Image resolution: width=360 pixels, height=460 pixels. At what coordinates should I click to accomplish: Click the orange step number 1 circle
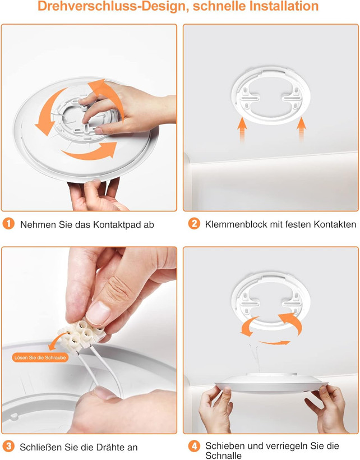[8, 223]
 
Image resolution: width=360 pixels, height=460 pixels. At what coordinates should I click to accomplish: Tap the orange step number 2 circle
[194, 223]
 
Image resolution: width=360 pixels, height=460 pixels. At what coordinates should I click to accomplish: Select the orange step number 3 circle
[8, 446]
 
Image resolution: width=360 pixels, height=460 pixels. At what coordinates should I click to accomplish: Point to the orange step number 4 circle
[194, 446]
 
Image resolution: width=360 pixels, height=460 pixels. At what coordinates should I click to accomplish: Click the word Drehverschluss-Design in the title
[113, 6]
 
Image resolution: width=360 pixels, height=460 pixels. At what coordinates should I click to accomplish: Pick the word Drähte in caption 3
[103, 447]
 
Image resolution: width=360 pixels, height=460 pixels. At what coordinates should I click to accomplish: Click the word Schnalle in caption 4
[223, 456]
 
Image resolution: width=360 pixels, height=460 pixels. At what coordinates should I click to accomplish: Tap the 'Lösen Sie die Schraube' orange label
[40, 357]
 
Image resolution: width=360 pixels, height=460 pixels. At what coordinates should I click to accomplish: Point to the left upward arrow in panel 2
[242, 129]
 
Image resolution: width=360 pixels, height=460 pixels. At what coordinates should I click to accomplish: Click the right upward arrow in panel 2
[301, 129]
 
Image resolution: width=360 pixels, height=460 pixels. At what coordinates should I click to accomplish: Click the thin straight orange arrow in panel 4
[274, 342]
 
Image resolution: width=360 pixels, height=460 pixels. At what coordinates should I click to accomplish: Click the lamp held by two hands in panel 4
[271, 383]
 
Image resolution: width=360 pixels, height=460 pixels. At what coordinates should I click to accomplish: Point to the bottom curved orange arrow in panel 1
[89, 151]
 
